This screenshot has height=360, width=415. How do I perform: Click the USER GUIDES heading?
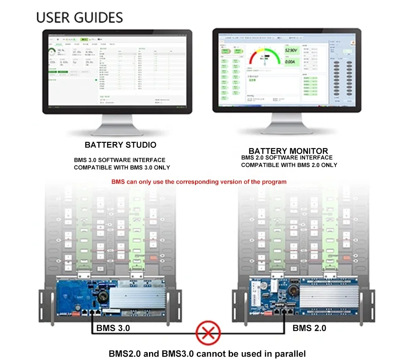[80, 17]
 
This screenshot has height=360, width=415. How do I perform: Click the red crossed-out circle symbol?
[208, 332]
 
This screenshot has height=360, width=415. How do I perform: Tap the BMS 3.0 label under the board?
[113, 328]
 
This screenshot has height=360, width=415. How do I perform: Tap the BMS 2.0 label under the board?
[309, 328]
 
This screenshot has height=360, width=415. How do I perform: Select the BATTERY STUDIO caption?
[120, 145]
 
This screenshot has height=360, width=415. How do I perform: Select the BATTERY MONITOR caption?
[288, 151]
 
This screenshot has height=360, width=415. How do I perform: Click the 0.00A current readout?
[290, 62]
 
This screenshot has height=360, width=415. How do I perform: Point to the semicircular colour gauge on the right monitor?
[264, 56]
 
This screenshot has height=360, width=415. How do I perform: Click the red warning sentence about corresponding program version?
[199, 182]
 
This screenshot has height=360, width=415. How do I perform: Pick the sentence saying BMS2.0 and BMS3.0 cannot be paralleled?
[207, 354]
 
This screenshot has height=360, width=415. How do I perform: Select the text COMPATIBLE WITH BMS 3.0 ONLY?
[122, 168]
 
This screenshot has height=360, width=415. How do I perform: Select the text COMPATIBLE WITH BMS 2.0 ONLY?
[289, 165]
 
